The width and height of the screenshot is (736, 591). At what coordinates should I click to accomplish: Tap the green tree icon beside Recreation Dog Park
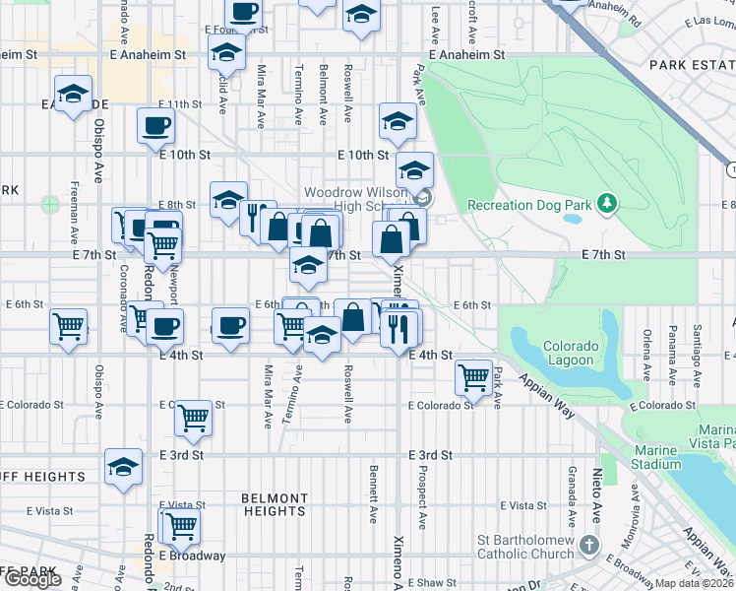[x=608, y=204]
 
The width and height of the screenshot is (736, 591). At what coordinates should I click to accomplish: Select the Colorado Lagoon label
[x=571, y=353]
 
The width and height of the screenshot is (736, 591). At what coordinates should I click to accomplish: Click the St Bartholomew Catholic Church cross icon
[x=587, y=544]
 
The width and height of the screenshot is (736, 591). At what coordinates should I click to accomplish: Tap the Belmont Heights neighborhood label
[x=275, y=504]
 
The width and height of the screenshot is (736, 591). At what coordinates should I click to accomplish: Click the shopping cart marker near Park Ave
[x=474, y=376]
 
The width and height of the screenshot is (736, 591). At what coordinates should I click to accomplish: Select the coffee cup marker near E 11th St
[x=156, y=126]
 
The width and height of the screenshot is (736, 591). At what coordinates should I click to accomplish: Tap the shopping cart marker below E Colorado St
[x=194, y=418]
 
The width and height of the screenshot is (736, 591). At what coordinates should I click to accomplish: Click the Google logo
[x=31, y=579]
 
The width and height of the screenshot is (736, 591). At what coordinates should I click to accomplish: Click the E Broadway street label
[x=192, y=556]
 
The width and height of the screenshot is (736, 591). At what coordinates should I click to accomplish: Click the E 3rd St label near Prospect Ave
[x=430, y=455]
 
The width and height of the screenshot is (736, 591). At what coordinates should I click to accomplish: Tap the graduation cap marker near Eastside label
[x=73, y=95]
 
